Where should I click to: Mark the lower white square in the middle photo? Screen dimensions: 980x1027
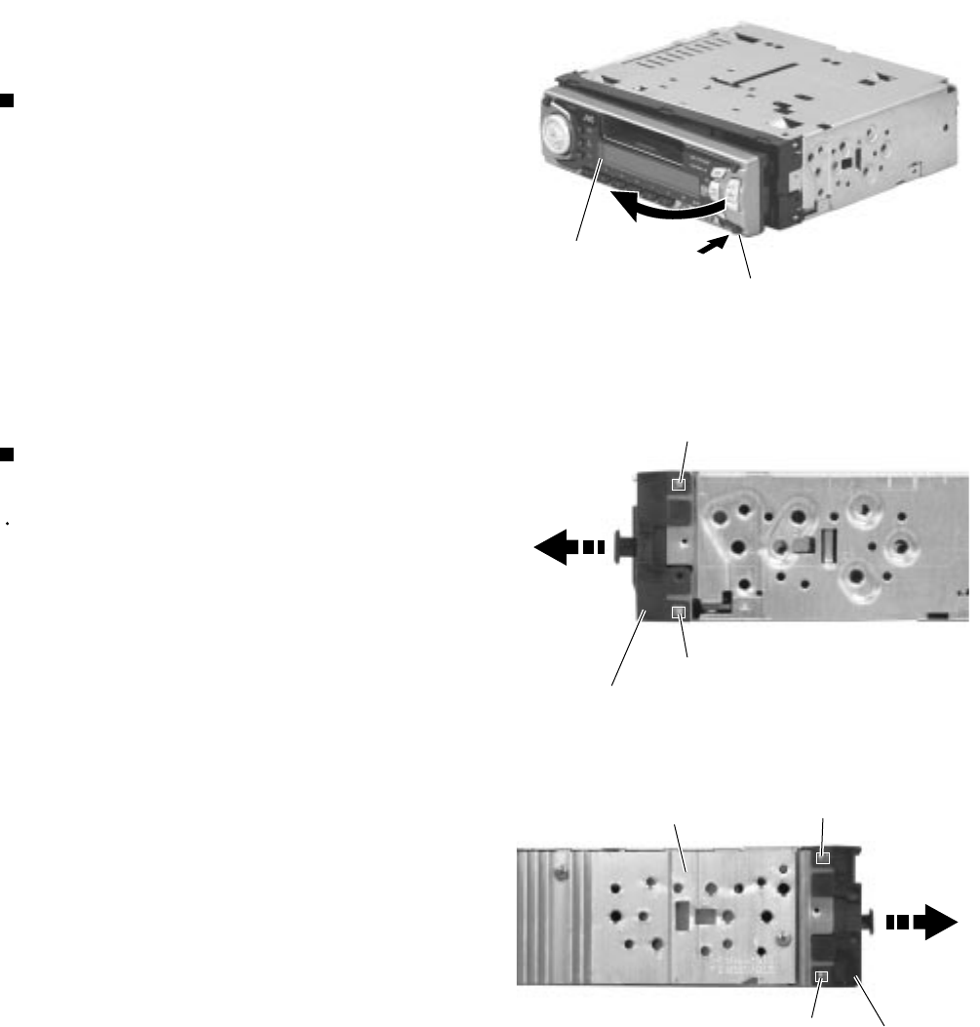click(681, 612)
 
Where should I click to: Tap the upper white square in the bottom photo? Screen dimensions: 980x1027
click(823, 859)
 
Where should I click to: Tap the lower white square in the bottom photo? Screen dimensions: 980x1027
click(822, 977)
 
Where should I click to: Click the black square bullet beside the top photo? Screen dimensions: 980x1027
click(6, 99)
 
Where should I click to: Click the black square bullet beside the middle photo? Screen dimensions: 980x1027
click(6, 453)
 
